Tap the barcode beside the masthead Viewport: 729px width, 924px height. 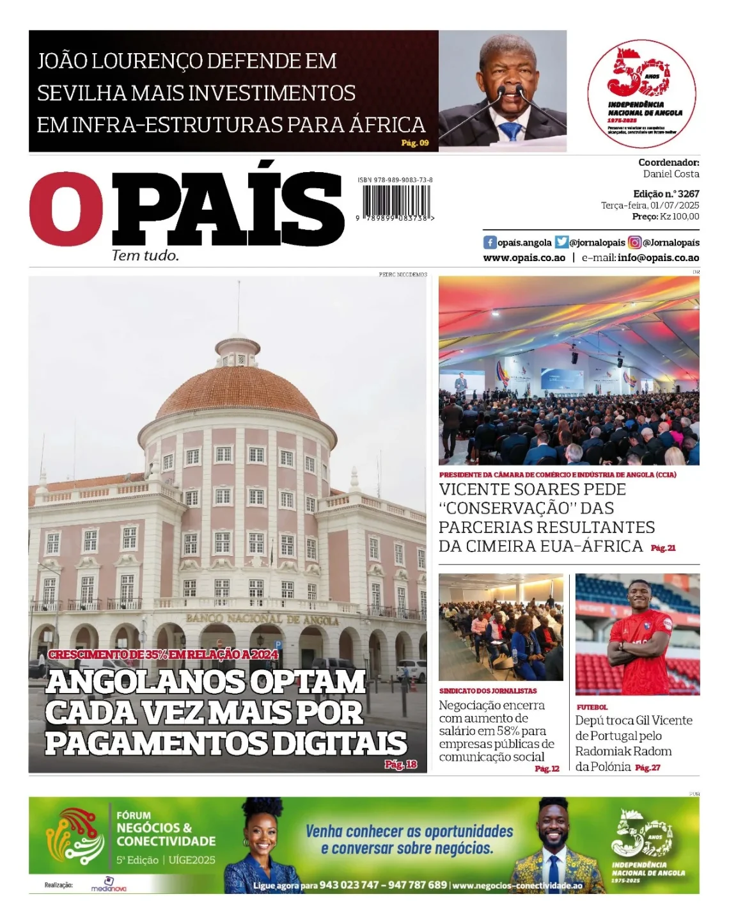pos(396,203)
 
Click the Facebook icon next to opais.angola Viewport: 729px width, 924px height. pos(490,243)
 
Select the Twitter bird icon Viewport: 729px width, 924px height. pos(561,243)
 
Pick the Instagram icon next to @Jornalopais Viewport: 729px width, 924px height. pos(634,243)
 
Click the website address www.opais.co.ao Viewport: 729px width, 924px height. pos(524,258)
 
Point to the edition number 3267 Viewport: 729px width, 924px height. pos(688,194)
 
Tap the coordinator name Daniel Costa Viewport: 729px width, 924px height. pos(671,174)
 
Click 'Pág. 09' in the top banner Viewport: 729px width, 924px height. pos(415,143)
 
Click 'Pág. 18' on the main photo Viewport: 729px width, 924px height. pos(401,764)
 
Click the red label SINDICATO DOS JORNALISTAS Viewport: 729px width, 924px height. pos(488,691)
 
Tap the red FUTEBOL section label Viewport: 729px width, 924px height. pos(592,707)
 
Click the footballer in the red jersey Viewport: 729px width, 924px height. pos(639,640)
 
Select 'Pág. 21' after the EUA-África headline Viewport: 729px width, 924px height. pos(663,548)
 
